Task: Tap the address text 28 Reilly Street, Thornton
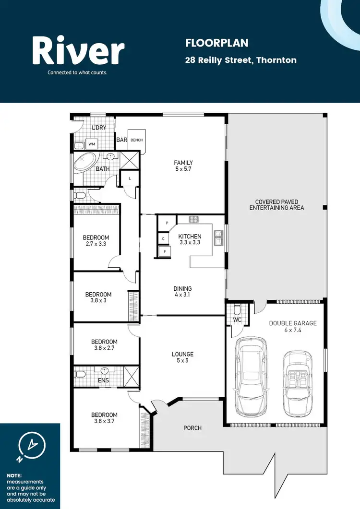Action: (x=241, y=60)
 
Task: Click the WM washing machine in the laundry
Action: (x=92, y=144)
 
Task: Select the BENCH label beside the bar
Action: (x=137, y=141)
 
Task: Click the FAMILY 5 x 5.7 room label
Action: (x=183, y=166)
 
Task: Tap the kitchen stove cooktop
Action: (x=194, y=220)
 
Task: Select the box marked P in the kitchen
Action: (x=167, y=223)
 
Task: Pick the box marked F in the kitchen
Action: (x=165, y=251)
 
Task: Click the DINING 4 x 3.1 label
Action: (x=182, y=292)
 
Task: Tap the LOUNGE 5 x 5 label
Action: (x=182, y=357)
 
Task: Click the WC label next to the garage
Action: (x=236, y=319)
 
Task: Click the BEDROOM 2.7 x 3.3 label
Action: (x=96, y=241)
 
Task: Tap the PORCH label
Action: (x=192, y=428)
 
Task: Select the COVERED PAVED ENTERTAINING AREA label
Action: (x=276, y=205)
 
